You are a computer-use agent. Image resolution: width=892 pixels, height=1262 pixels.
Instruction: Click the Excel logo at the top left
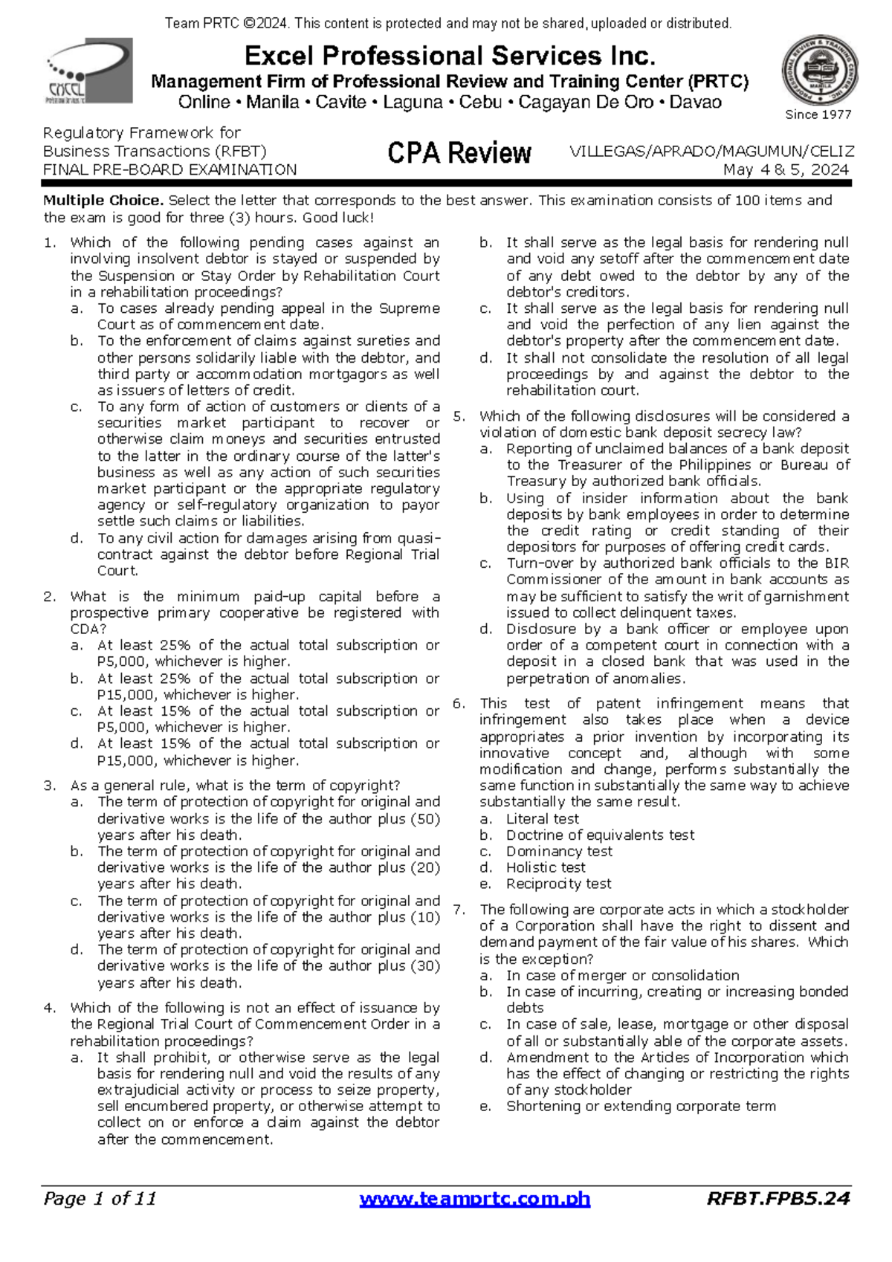(89, 71)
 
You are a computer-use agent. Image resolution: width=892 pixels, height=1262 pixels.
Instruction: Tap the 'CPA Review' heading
(459, 153)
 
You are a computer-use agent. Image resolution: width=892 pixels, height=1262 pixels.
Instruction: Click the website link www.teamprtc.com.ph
(474, 1199)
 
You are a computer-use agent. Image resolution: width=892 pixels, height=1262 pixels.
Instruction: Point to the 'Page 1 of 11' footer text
(100, 1198)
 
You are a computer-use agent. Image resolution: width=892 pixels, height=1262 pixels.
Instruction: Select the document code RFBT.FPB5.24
(778, 1198)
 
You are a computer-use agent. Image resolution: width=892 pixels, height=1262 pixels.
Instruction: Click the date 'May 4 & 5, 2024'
(786, 169)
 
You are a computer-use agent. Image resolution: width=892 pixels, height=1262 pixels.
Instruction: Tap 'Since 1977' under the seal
(818, 114)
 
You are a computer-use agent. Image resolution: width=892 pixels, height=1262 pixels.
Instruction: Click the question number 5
(459, 416)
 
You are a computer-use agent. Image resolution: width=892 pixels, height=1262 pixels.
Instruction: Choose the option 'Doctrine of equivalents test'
(600, 835)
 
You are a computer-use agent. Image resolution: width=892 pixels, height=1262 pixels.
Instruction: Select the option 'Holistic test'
(546, 867)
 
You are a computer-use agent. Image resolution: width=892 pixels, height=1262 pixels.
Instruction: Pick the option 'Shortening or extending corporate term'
(641, 1106)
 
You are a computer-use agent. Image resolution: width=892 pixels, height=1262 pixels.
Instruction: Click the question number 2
(50, 596)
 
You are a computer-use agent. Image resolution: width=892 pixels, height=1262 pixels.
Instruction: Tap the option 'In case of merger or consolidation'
(622, 975)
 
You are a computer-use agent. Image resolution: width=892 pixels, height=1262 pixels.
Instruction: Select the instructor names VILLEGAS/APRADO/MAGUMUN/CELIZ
(711, 151)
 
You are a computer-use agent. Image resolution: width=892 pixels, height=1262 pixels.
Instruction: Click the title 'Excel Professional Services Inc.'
(450, 56)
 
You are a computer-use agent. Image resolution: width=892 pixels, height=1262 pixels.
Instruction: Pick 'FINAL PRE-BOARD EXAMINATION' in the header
(169, 169)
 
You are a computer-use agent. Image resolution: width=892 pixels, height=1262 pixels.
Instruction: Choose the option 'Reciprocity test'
(558, 884)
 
